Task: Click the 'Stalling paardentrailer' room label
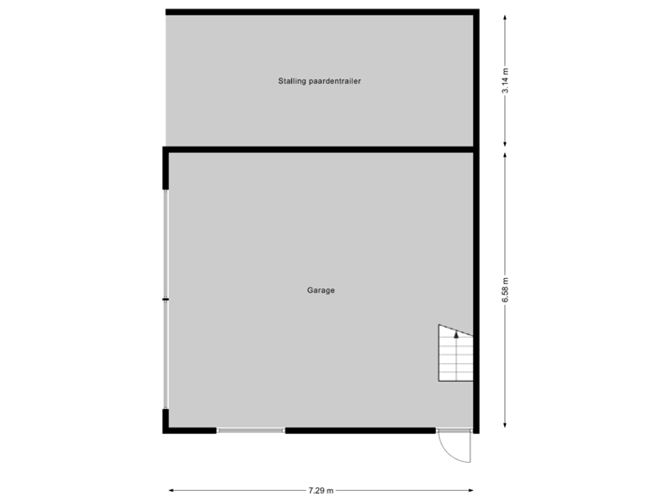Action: [319, 81]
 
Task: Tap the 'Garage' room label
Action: [320, 290]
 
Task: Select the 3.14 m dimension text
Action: [505, 81]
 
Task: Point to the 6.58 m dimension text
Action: [505, 290]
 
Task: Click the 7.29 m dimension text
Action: [320, 489]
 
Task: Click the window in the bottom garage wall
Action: [250, 431]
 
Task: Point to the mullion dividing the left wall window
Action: [164, 299]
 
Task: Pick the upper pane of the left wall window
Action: [165, 245]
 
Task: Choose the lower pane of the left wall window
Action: [165, 354]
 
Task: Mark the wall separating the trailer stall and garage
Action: [319, 148]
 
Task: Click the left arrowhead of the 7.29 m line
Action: [171, 489]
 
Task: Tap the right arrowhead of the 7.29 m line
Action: [472, 489]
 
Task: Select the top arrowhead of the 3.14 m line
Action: [505, 14]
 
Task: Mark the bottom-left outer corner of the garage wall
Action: [162, 434]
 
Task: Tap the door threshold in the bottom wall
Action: [454, 431]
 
